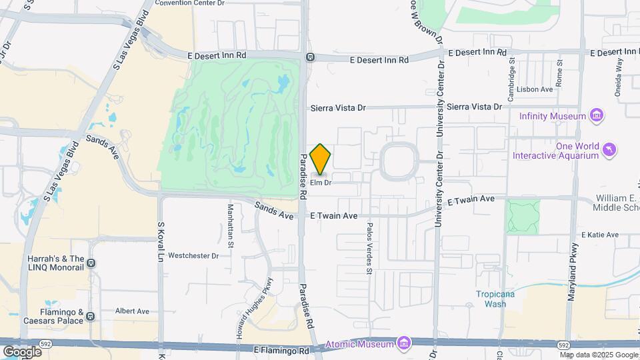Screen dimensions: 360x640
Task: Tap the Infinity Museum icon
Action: pyautogui.click(x=597, y=115)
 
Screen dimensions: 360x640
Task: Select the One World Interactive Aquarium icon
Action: pyautogui.click(x=609, y=151)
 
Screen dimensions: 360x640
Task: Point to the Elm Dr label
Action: pyautogui.click(x=321, y=182)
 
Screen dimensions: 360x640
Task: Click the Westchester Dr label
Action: pyautogui.click(x=193, y=255)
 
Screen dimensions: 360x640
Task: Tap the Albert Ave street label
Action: pyautogui.click(x=132, y=311)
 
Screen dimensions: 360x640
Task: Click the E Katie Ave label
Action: pyautogui.click(x=600, y=235)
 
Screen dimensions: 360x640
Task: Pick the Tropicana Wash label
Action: pyautogui.click(x=495, y=299)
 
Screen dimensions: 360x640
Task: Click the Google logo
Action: pyautogui.click(x=22, y=351)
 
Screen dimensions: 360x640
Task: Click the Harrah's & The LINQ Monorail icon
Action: pyautogui.click(x=92, y=251)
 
